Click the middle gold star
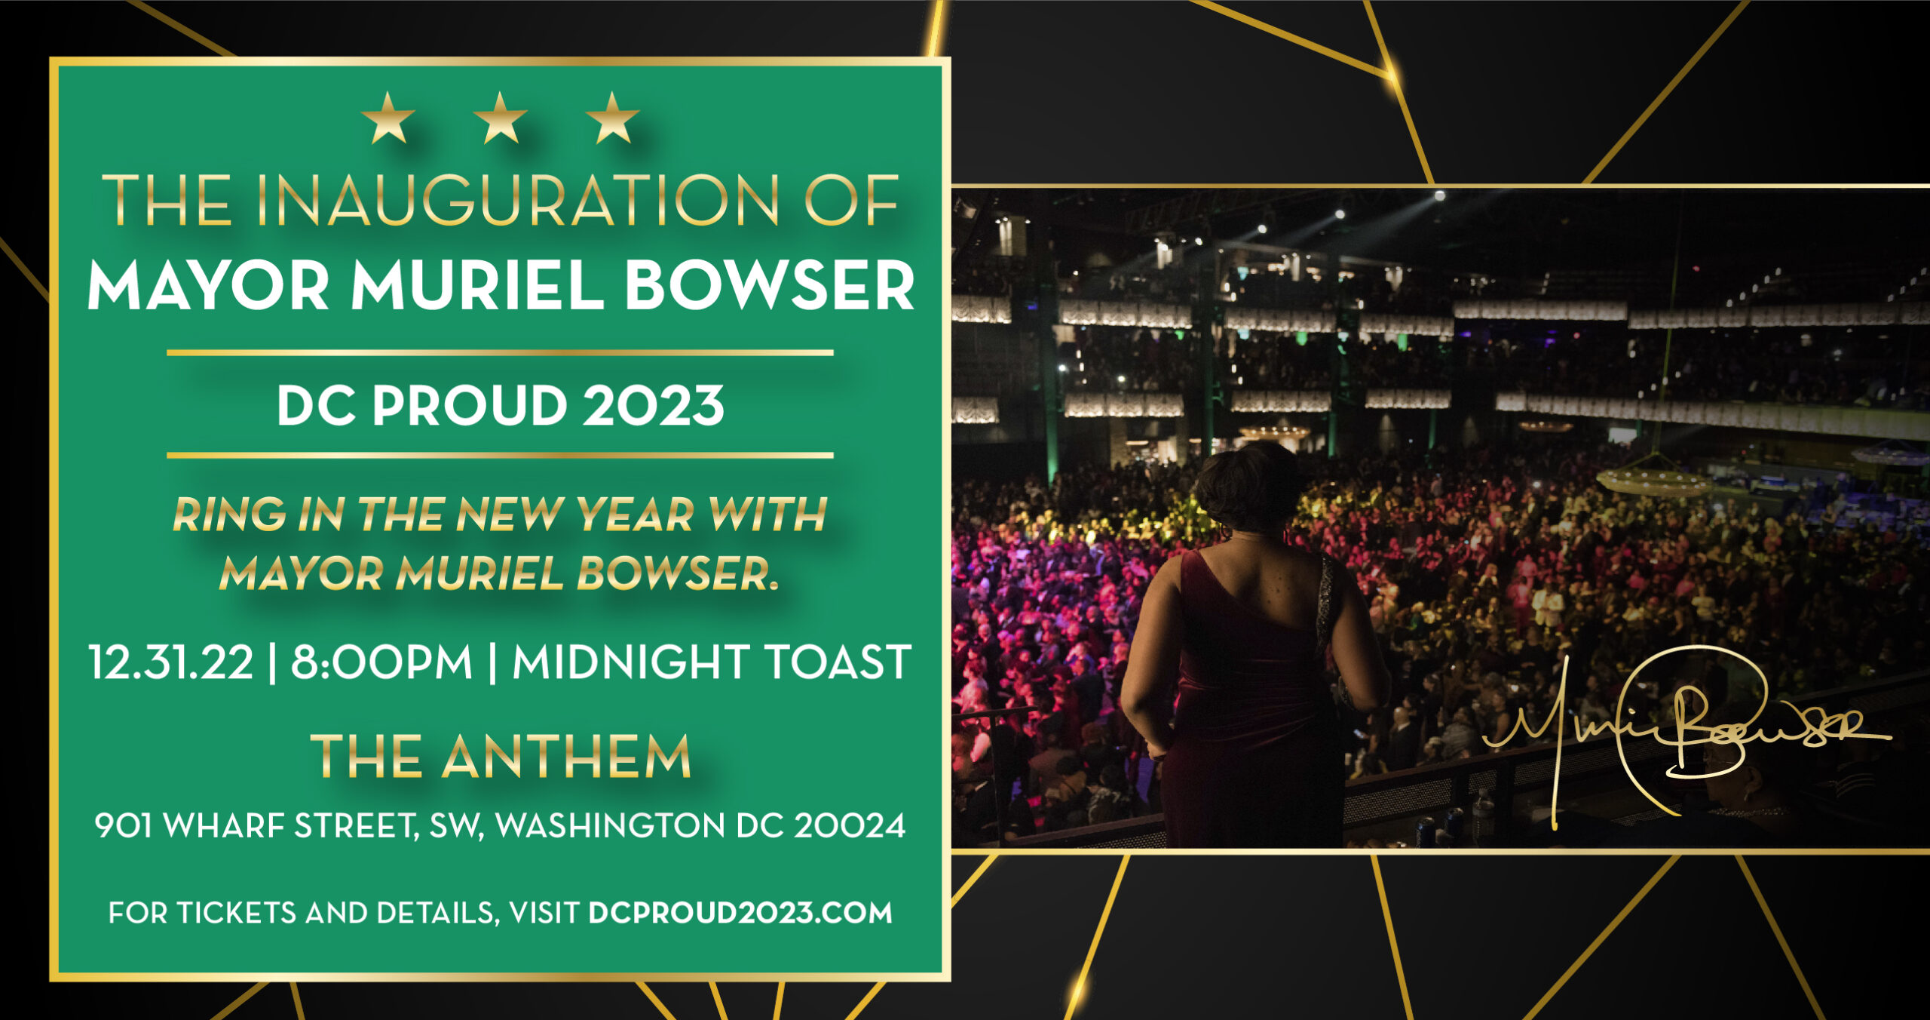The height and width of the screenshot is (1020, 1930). (500, 118)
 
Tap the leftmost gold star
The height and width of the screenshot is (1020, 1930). (388, 118)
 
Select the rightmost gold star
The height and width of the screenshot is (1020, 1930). (612, 118)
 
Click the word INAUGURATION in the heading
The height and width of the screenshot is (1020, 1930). (516, 201)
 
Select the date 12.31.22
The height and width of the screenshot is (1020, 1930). (171, 662)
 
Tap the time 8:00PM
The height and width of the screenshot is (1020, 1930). (381, 662)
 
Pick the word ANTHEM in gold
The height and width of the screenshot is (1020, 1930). (566, 757)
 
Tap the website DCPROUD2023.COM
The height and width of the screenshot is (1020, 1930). (740, 913)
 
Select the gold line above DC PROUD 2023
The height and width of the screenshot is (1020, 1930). (500, 352)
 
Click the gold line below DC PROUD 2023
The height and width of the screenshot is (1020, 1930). (500, 455)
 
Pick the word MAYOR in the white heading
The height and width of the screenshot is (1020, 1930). (208, 287)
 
